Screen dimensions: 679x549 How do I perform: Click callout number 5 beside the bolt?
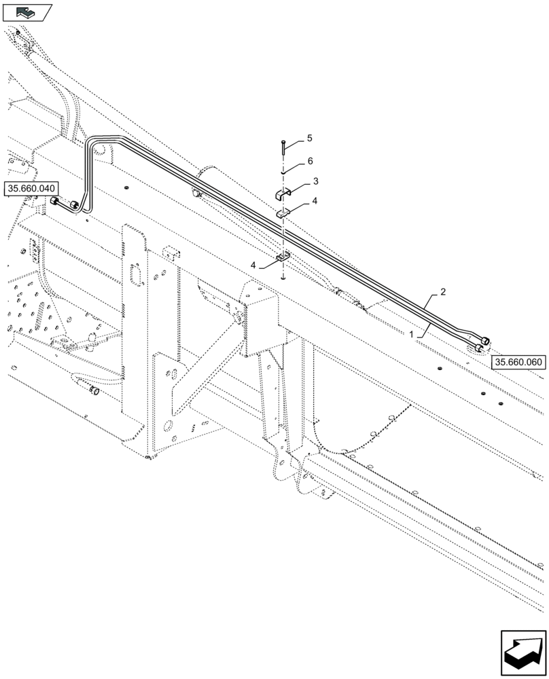[309, 139]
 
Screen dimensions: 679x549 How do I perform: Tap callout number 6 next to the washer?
[309, 161]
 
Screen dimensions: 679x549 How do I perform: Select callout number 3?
[315, 181]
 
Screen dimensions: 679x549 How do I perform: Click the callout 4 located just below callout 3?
[314, 201]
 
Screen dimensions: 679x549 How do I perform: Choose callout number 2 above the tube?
[442, 292]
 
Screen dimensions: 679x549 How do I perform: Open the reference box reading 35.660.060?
[518, 363]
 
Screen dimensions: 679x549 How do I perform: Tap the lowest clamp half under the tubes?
[283, 257]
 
